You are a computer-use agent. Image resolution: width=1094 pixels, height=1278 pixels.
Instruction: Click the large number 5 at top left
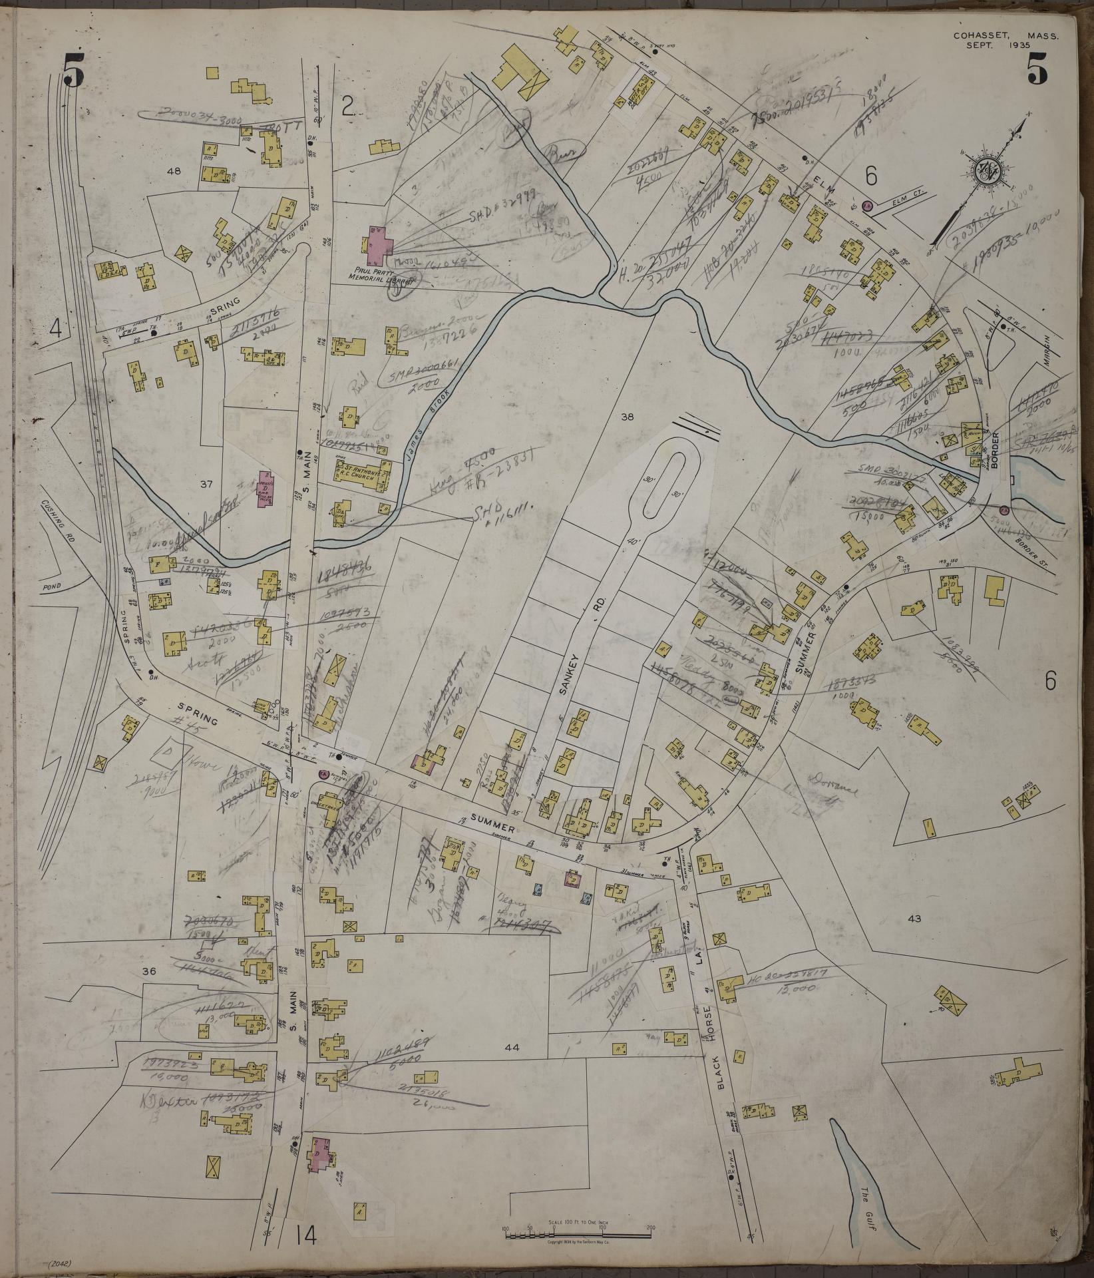point(73,71)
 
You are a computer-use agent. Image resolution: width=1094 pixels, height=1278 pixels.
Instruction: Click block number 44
point(512,1047)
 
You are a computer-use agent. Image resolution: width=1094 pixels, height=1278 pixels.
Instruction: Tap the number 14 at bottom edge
point(305,1236)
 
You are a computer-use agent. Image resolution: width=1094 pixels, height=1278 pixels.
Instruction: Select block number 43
point(914,919)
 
